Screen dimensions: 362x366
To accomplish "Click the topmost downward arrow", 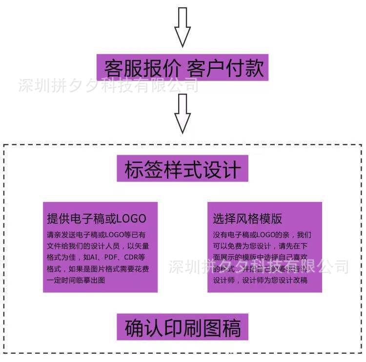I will (x=182, y=27).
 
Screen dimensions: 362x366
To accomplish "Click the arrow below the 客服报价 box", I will (x=182, y=113).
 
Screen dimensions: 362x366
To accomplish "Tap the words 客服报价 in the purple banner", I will (x=141, y=67).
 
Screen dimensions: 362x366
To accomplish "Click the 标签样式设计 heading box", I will (x=183, y=169).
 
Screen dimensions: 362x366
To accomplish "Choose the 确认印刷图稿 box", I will (x=183, y=327).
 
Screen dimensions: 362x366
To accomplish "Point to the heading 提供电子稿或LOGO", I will (x=97, y=218).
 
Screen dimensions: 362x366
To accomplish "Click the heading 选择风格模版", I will (x=247, y=218).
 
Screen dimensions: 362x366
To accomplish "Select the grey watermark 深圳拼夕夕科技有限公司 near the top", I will (x=108, y=86).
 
